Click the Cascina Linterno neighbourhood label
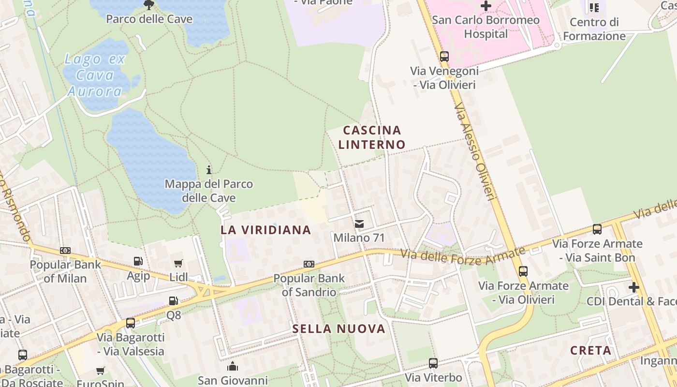click(x=372, y=137)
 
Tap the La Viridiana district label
click(x=265, y=230)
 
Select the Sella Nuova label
click(x=338, y=329)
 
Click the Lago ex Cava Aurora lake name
click(x=95, y=75)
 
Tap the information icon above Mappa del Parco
click(x=209, y=170)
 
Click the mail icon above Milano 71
click(x=359, y=223)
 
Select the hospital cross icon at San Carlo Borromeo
click(x=486, y=6)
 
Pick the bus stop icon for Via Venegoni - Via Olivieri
click(x=444, y=57)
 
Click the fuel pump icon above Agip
click(x=138, y=261)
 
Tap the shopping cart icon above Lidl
click(x=178, y=264)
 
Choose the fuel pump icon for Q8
click(x=173, y=301)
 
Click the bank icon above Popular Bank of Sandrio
click(x=309, y=264)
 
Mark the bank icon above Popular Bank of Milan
click(x=65, y=251)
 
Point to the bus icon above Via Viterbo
click(x=433, y=363)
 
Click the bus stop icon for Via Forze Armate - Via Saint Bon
click(x=597, y=229)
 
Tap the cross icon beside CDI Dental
click(x=633, y=287)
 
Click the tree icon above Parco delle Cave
click(x=148, y=5)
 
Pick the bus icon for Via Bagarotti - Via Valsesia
click(x=130, y=323)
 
